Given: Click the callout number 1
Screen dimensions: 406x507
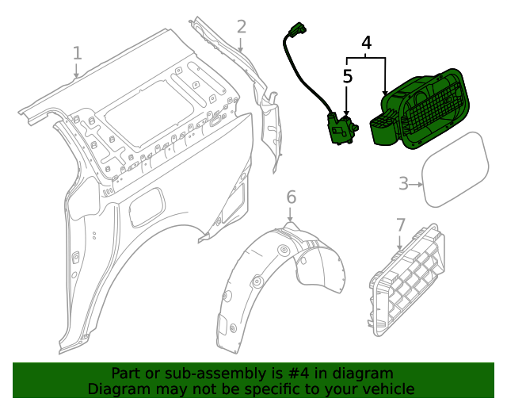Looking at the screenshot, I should (x=77, y=53).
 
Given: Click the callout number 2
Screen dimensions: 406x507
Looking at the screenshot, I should (x=242, y=27).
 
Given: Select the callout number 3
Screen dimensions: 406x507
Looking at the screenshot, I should (x=403, y=184).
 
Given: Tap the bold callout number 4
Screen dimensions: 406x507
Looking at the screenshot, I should (x=367, y=43).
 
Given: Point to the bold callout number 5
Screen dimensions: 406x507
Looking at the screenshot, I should (x=348, y=76).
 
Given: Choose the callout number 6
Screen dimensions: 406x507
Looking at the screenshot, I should (x=291, y=197).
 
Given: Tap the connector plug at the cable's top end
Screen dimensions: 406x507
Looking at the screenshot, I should (x=297, y=32).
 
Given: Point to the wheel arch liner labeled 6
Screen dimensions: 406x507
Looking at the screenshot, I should (x=277, y=278).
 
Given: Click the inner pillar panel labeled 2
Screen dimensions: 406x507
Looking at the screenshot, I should (x=265, y=119).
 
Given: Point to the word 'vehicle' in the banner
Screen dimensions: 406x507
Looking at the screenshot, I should (x=387, y=389).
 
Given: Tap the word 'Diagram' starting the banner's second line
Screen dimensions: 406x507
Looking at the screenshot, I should (x=118, y=389).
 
